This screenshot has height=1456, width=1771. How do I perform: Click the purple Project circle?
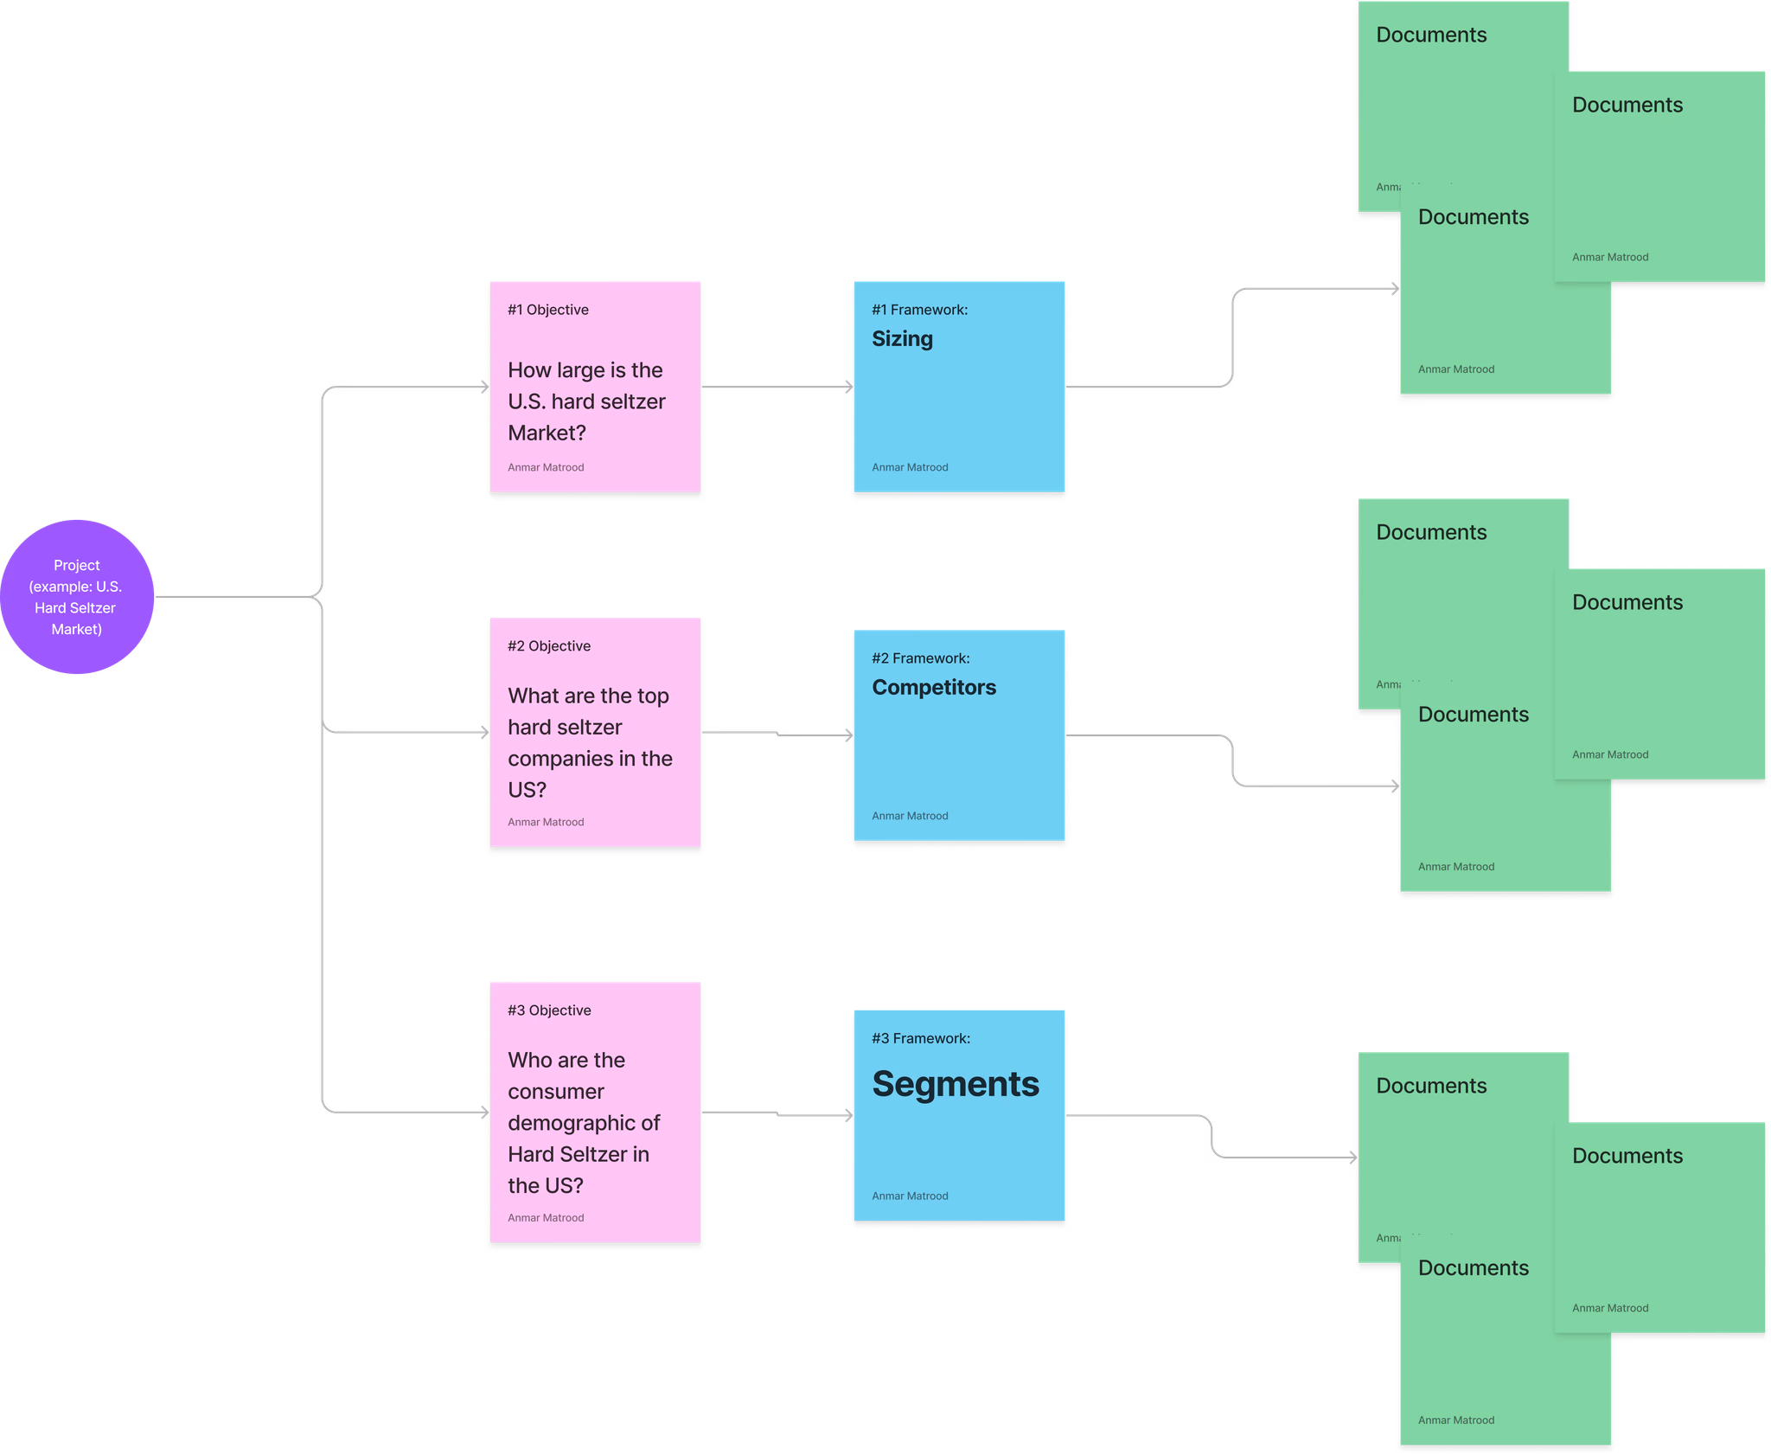pyautogui.click(x=77, y=597)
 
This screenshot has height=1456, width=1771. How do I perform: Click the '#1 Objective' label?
pyautogui.click(x=548, y=310)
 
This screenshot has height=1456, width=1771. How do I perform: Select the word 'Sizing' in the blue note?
pyautogui.click(x=902, y=339)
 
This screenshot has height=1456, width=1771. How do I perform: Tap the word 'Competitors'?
pyautogui.click(x=934, y=688)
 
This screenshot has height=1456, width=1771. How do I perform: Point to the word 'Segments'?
pyautogui.click(x=956, y=1084)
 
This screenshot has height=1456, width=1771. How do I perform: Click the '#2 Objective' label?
pyautogui.click(x=549, y=646)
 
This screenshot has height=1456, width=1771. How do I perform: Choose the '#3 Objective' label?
pyautogui.click(x=549, y=1010)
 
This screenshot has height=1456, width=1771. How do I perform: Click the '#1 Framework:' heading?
pyautogui.click(x=919, y=310)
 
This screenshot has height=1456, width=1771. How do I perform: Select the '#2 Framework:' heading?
pyautogui.click(x=920, y=658)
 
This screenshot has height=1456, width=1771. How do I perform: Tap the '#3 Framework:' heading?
pyautogui.click(x=921, y=1038)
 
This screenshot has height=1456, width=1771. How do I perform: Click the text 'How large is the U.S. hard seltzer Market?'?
pyautogui.click(x=586, y=401)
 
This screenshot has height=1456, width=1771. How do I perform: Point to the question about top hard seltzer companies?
pyautogui.click(x=590, y=742)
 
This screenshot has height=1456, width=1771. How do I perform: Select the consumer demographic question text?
pyautogui.click(x=584, y=1122)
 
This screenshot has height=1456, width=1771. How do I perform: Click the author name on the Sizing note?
pyautogui.click(x=910, y=467)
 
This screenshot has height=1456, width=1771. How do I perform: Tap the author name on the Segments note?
pyautogui.click(x=910, y=1196)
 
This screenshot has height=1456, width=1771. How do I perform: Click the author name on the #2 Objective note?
pyautogui.click(x=546, y=822)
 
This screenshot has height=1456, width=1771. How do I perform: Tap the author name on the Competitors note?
pyautogui.click(x=910, y=816)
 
